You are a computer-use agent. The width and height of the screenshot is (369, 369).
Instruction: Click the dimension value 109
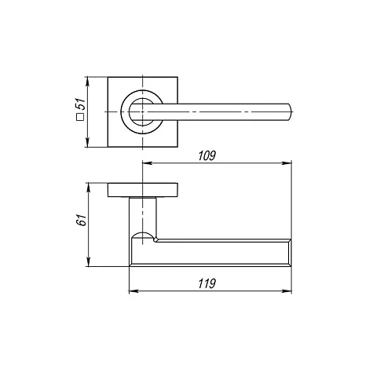pyautogui.click(x=206, y=155)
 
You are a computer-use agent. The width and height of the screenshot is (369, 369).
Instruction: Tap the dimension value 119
pyautogui.click(x=206, y=283)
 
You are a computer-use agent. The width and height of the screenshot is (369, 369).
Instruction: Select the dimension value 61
pyautogui.click(x=81, y=220)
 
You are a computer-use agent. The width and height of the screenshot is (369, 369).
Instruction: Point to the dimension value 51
pyautogui.click(x=80, y=104)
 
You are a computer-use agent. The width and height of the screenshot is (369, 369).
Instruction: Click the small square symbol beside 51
pyautogui.click(x=80, y=118)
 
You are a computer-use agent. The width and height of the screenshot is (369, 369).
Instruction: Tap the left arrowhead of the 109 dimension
pyautogui.click(x=147, y=163)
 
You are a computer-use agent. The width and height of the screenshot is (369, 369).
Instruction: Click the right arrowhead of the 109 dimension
pyautogui.click(x=287, y=163)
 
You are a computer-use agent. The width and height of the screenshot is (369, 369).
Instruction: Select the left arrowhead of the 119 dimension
pyautogui.click(x=134, y=291)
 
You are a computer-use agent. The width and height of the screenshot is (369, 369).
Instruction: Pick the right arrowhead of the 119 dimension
pyautogui.click(x=287, y=291)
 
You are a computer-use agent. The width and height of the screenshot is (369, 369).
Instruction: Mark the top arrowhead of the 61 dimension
pyautogui.click(x=88, y=188)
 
